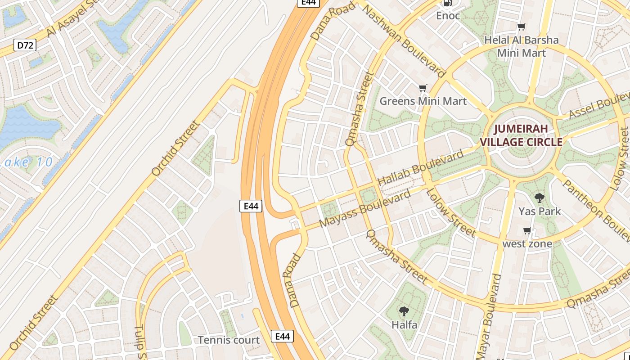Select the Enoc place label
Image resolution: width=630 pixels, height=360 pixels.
coord(448,16)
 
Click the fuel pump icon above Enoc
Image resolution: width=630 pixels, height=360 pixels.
coord(448,3)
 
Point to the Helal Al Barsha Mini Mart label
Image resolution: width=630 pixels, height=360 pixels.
coord(522,46)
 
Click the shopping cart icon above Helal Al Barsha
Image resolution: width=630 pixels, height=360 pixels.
coord(522,27)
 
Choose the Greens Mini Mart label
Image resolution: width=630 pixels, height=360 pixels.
coord(423,101)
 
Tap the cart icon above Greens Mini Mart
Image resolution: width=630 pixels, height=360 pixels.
coord(423,88)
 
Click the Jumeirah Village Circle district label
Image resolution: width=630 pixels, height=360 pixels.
coord(521,135)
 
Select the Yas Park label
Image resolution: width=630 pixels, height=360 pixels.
coord(540,211)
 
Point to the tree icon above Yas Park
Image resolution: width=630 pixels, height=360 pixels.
coord(539,198)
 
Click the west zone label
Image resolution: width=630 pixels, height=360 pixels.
coord(527,244)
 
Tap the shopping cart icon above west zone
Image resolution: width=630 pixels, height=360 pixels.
coord(527,231)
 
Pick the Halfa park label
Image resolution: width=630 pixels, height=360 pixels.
coord(404,324)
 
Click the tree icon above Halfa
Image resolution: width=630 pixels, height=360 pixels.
coord(404,311)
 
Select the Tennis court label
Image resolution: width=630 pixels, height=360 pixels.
coord(229,340)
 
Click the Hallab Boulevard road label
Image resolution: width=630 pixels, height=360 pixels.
coord(421,167)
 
